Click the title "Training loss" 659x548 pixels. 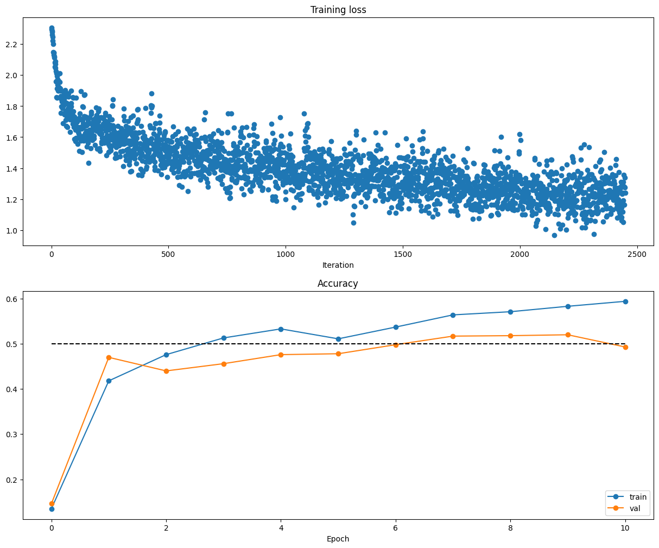click(338, 10)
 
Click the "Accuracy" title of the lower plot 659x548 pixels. click(338, 284)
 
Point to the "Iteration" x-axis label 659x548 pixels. click(338, 265)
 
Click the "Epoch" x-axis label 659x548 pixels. click(338, 539)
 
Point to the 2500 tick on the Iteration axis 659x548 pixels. click(637, 254)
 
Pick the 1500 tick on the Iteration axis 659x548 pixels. click(403, 254)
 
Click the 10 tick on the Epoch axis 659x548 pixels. click(625, 527)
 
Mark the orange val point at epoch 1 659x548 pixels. click(109, 357)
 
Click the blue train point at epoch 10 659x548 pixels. click(625, 301)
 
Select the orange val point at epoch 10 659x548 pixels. click(625, 347)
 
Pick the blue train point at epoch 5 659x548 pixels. click(338, 339)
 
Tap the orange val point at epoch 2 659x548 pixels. click(166, 371)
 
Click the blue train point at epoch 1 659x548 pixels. click(109, 381)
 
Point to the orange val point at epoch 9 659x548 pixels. click(568, 335)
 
